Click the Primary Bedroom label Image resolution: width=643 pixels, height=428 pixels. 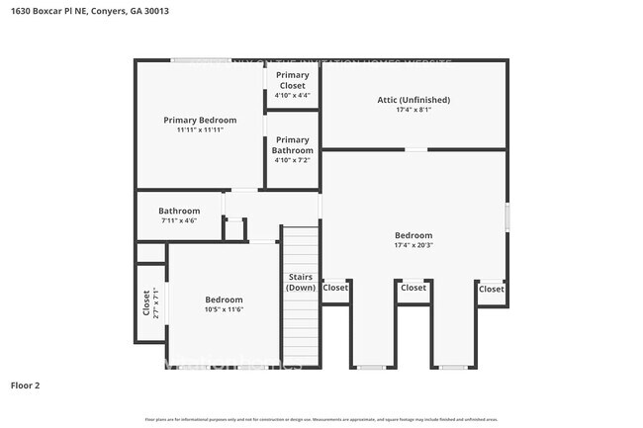(x=200, y=120)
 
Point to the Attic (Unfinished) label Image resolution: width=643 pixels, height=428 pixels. (x=413, y=100)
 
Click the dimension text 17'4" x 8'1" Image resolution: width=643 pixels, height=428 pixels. (x=413, y=110)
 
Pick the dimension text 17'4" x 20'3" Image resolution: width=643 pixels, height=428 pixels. (x=413, y=245)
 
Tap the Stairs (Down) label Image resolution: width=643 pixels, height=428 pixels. (x=301, y=282)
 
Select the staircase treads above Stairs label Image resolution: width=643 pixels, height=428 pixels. (x=301, y=247)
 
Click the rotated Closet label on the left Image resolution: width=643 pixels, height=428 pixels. (x=147, y=300)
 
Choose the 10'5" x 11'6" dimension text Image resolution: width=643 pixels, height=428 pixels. (x=224, y=310)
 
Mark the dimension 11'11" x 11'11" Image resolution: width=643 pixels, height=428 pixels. (x=200, y=129)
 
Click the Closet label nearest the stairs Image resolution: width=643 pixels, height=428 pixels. (x=335, y=288)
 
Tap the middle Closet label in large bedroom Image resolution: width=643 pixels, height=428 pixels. (x=413, y=288)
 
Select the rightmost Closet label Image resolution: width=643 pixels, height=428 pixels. (x=491, y=289)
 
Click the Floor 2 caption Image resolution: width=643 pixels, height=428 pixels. (x=25, y=385)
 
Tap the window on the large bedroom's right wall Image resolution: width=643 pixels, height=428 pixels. (x=507, y=217)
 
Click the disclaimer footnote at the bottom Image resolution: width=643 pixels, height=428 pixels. (x=321, y=420)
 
